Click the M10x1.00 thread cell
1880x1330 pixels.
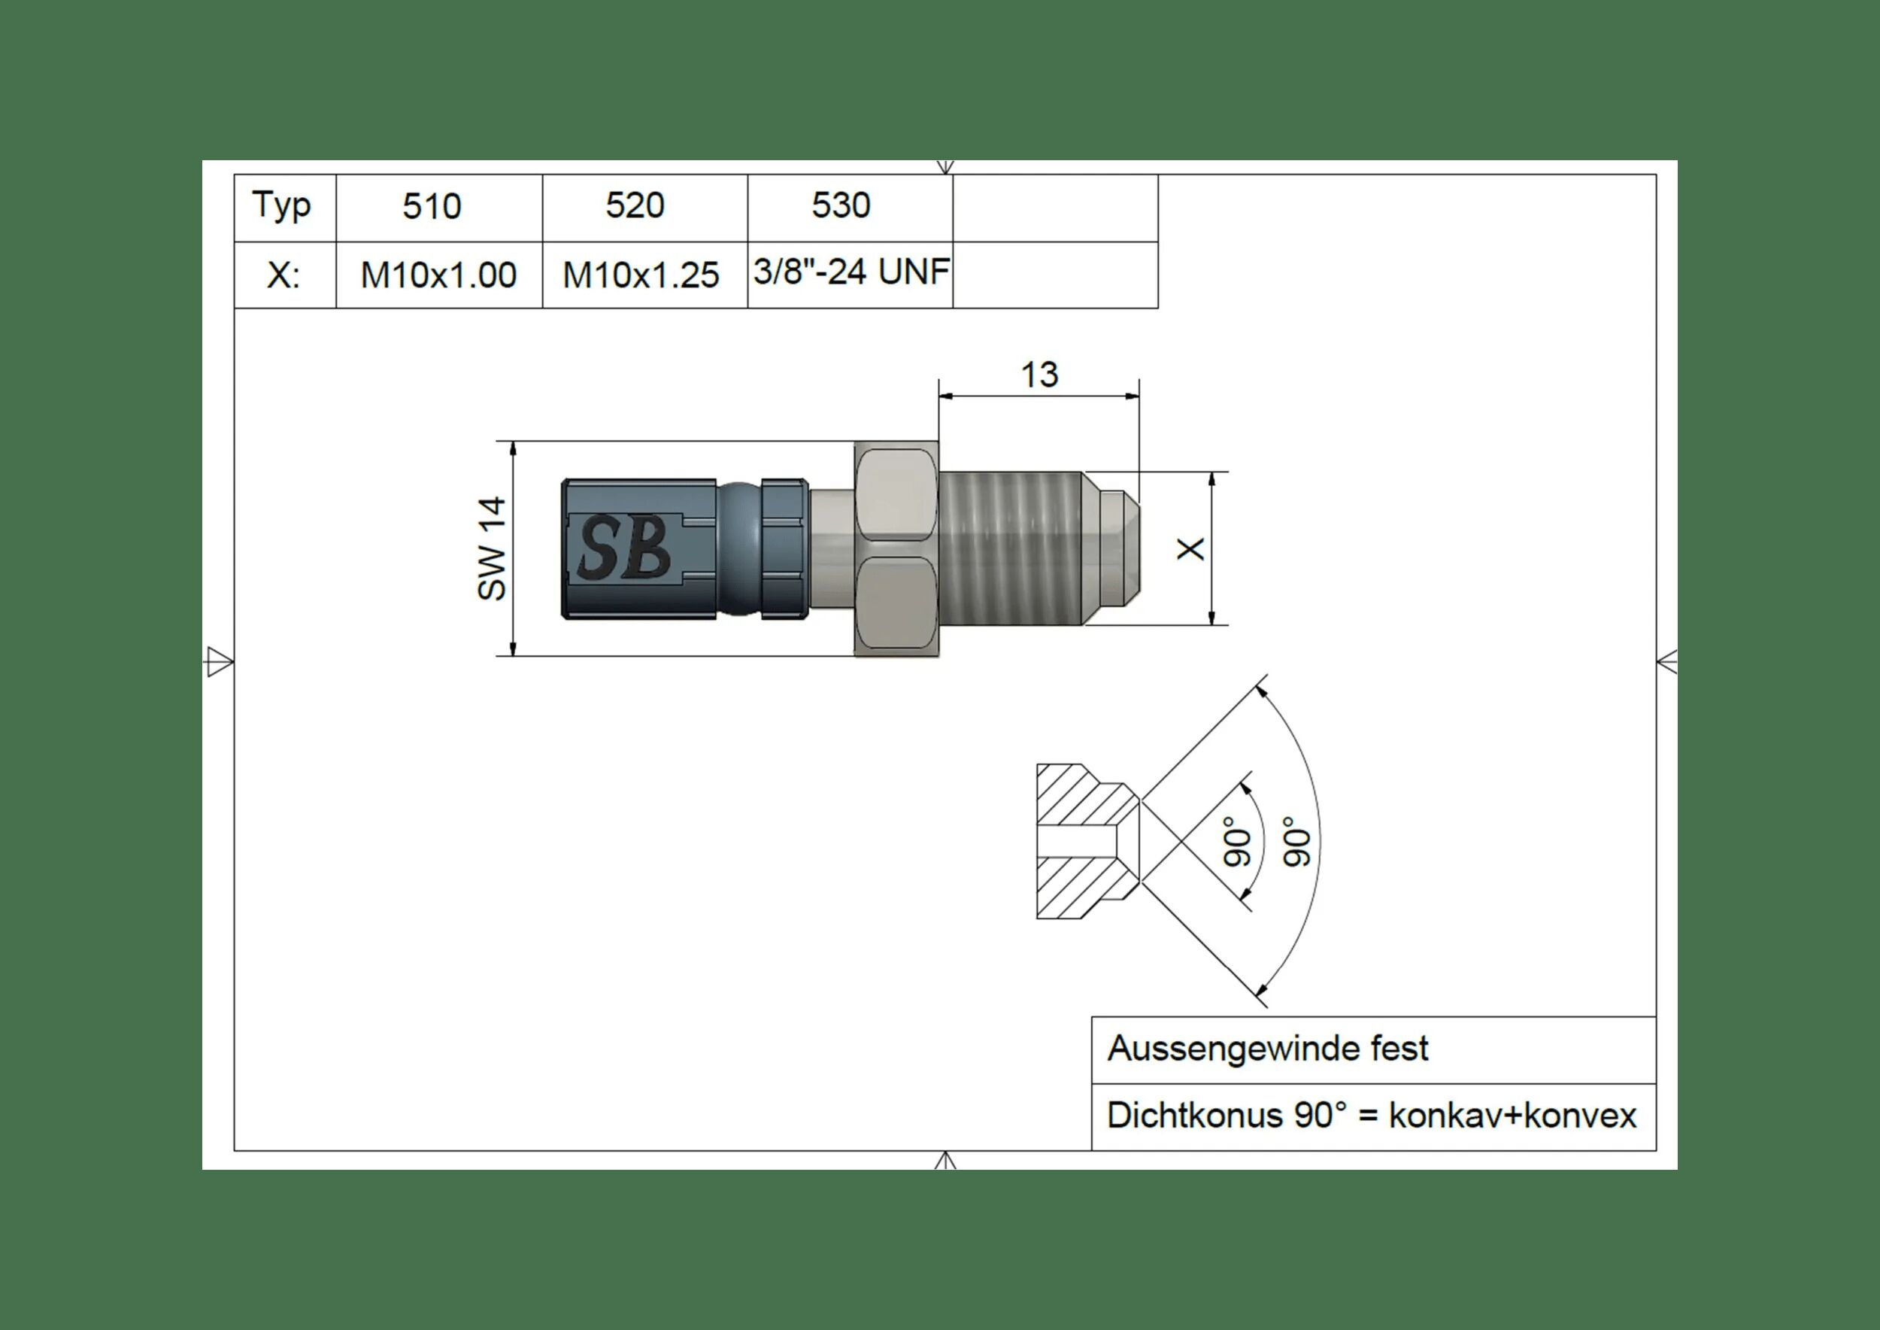point(439,275)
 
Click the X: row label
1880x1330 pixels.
point(284,275)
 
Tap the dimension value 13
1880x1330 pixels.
point(1039,375)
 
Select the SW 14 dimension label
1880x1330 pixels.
point(492,548)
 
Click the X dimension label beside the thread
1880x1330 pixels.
point(1190,548)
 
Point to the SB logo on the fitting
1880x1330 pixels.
point(626,547)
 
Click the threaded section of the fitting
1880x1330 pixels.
point(1011,548)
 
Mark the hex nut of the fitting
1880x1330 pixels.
point(896,548)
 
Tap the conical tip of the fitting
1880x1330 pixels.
point(1113,548)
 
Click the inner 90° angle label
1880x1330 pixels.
point(1237,842)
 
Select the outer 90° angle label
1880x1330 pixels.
point(1297,842)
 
